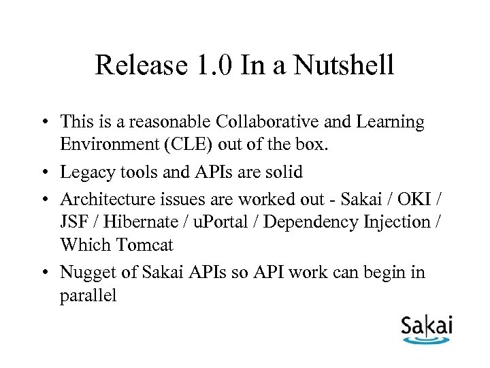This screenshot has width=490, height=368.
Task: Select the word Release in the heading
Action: click(138, 66)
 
